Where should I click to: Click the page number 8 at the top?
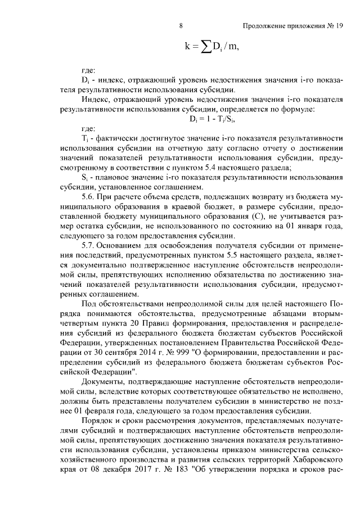180,25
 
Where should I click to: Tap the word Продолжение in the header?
264,25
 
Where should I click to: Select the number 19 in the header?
339,25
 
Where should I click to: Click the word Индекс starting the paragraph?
94,100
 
